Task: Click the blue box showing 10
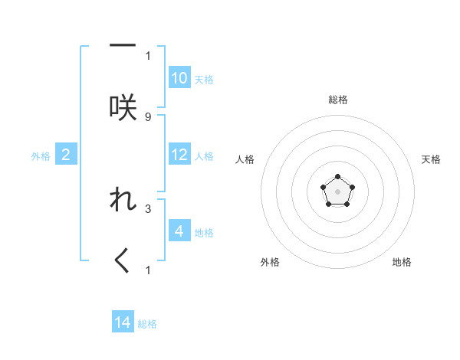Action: tap(179, 78)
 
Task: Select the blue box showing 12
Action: tap(179, 155)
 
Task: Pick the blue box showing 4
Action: tap(179, 231)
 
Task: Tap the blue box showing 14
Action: tap(123, 322)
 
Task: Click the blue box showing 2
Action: tap(66, 155)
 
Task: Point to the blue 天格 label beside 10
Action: tap(204, 80)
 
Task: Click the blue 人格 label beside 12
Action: tap(204, 156)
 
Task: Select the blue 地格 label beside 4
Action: tap(204, 233)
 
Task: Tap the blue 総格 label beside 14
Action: tap(147, 324)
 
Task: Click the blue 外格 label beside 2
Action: tap(41, 156)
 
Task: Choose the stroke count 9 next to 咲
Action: tap(148, 116)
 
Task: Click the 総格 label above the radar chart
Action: tap(338, 100)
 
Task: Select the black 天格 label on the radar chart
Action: tap(432, 159)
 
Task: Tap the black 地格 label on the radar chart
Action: tap(402, 262)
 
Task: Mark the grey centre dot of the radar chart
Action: tap(337, 190)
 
